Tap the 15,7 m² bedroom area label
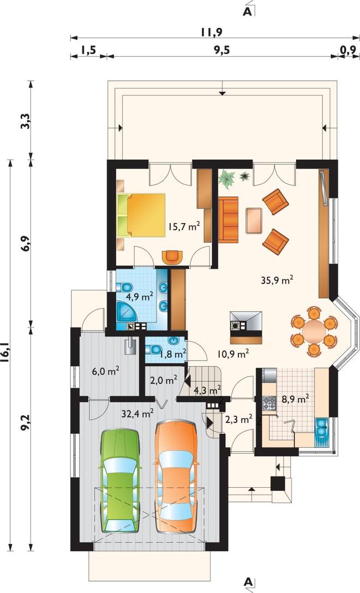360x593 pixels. point(184,226)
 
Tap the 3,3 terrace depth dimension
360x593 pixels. point(25,122)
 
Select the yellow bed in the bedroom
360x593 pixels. point(141,215)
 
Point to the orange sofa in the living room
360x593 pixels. point(228,219)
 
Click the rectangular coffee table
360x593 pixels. point(254,220)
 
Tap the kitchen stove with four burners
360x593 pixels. point(269,403)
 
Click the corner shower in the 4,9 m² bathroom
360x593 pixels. point(127,312)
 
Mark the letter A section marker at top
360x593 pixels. point(247,12)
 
